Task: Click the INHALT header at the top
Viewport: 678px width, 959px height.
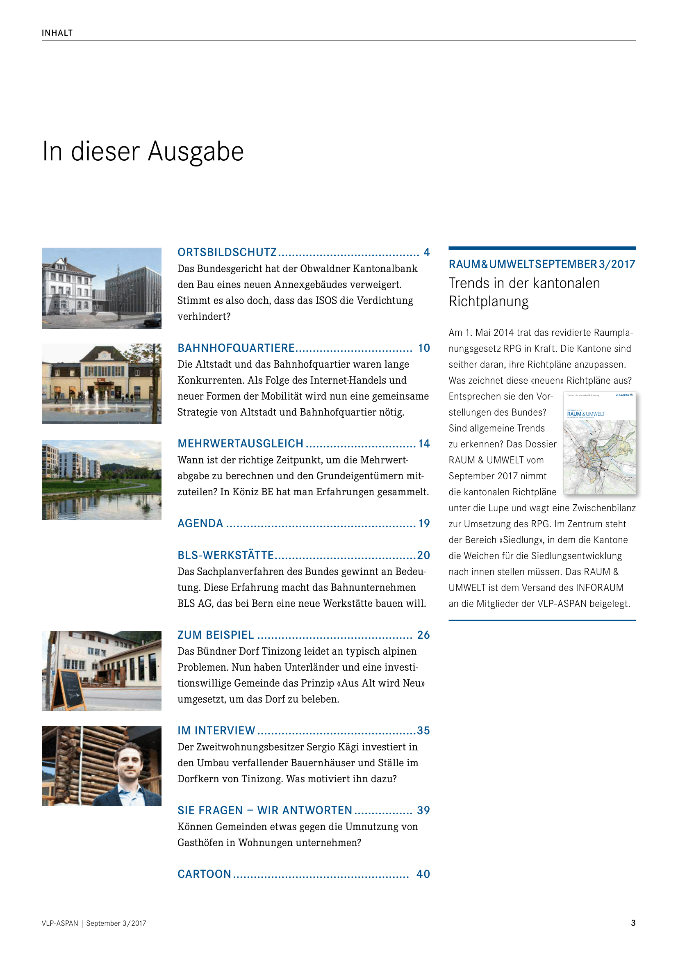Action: [x=57, y=33]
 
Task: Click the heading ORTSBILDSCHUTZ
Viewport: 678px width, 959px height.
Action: [x=227, y=252]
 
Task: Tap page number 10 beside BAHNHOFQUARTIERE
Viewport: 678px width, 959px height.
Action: [x=424, y=348]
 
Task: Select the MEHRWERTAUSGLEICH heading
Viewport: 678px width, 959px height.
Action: [x=241, y=444]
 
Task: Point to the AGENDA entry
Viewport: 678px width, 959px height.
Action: [x=200, y=523]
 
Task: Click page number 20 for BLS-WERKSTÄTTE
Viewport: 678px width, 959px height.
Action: [x=423, y=555]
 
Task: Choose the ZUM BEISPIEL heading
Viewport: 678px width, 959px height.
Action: [x=216, y=635]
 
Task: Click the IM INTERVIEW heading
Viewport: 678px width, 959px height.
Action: [x=216, y=731]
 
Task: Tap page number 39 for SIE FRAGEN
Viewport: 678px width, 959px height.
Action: [x=423, y=810]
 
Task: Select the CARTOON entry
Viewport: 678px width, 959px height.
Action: [x=204, y=874]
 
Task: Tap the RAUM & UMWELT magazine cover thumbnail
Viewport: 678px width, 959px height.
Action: [x=600, y=443]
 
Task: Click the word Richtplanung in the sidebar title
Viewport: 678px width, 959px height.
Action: [x=489, y=301]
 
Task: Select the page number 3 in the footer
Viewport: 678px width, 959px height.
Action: [x=633, y=923]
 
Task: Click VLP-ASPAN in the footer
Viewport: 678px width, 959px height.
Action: [x=60, y=923]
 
